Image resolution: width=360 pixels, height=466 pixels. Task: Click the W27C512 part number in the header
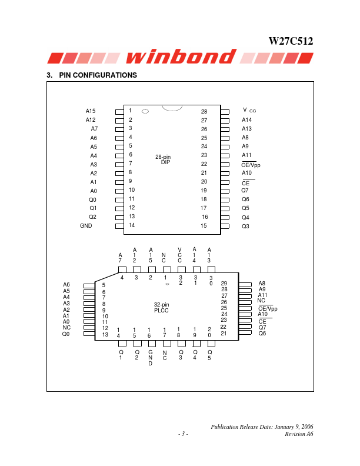click(x=291, y=42)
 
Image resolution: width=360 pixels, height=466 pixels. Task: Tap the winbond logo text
click(x=179, y=56)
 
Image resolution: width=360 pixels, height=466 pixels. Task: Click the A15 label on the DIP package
click(x=91, y=111)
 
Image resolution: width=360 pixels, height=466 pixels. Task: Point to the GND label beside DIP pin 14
click(x=86, y=225)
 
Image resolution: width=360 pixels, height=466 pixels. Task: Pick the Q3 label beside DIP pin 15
click(x=245, y=226)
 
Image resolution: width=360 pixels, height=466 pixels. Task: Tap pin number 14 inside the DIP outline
click(x=132, y=225)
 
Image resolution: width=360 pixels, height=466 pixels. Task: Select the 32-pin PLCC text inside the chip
click(x=162, y=307)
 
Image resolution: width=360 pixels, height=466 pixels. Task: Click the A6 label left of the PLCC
click(x=66, y=285)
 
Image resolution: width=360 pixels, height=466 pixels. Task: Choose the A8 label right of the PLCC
click(x=262, y=283)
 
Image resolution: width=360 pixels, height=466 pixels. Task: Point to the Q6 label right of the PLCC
click(x=262, y=334)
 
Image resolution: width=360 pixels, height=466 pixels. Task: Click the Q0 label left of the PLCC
click(x=66, y=334)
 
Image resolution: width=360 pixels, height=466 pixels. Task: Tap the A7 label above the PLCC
click(x=121, y=257)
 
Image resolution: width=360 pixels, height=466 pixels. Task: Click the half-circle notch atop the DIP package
click(x=172, y=108)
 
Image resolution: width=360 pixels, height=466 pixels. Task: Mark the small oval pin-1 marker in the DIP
click(x=145, y=111)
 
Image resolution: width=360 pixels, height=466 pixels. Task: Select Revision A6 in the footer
click(x=298, y=434)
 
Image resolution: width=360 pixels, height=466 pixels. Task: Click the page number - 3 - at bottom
click(x=183, y=434)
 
